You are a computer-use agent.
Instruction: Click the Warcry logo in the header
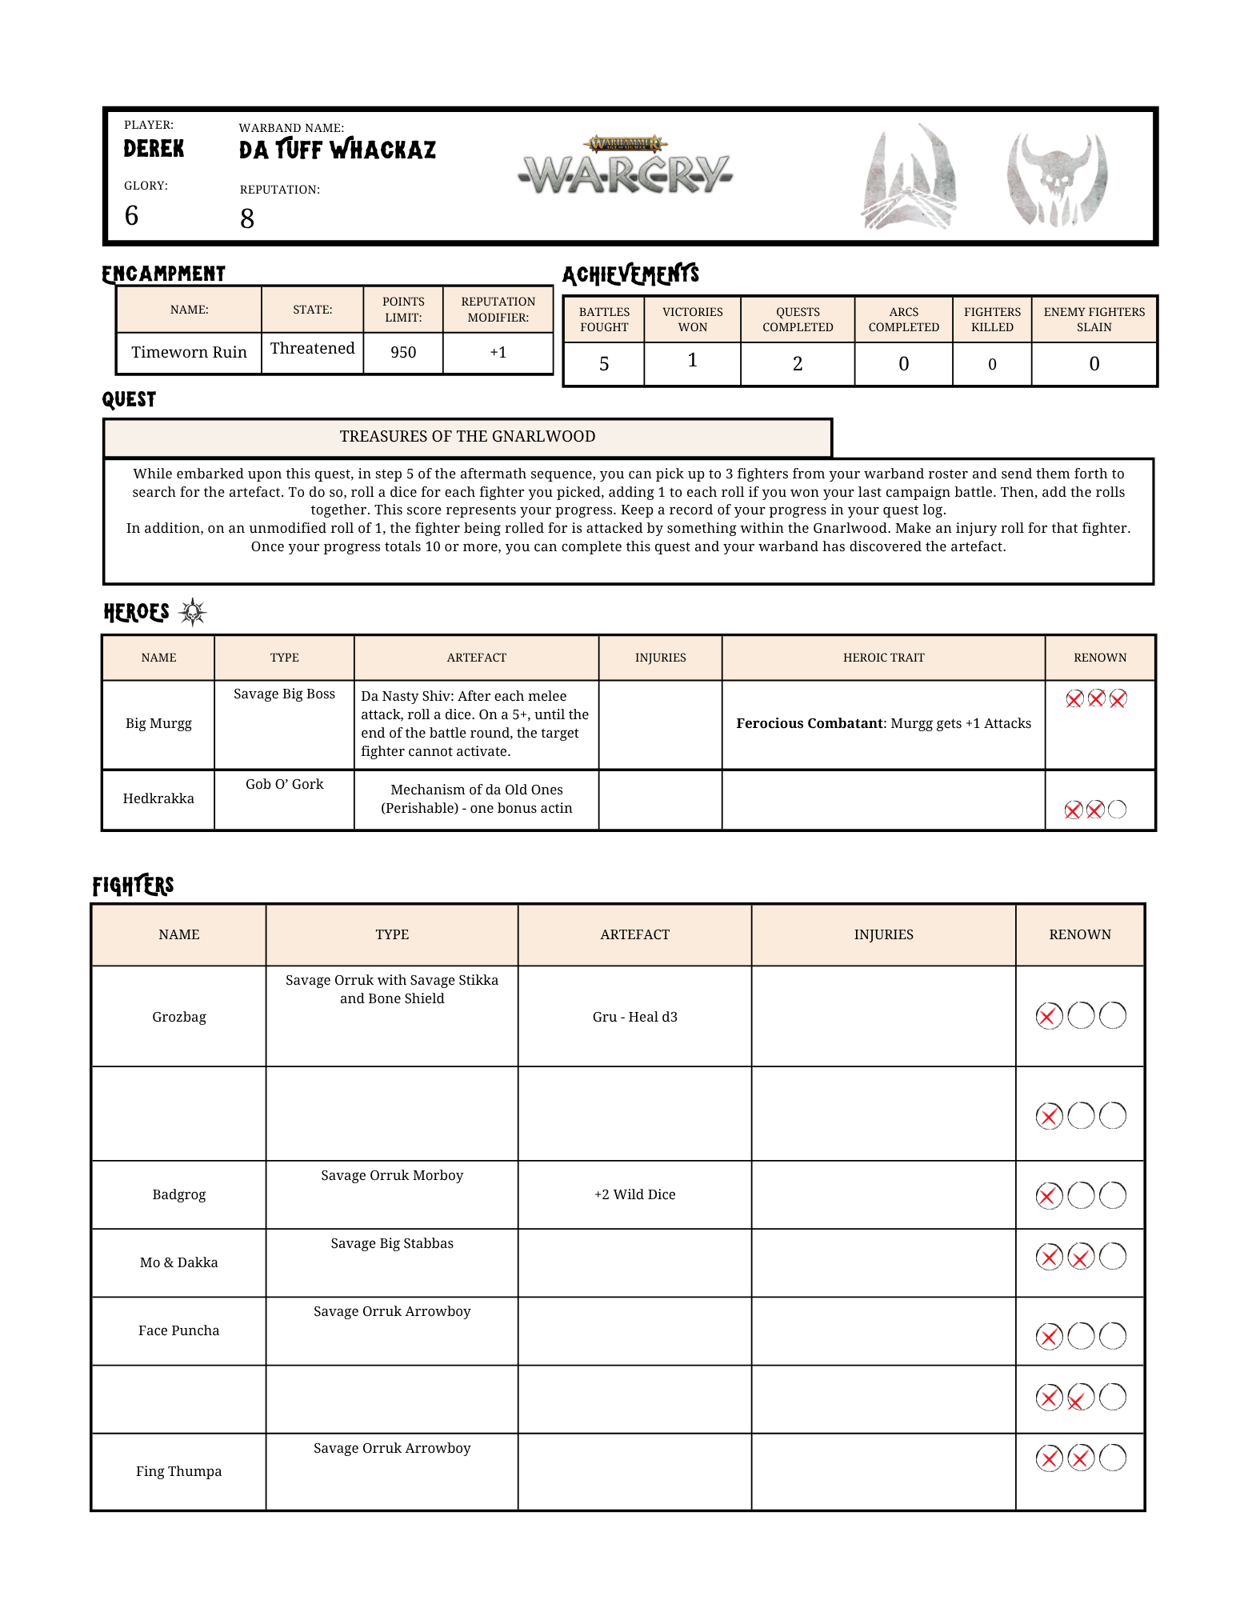tap(625, 168)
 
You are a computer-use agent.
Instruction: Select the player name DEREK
tap(154, 149)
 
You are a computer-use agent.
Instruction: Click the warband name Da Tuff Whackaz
tap(337, 150)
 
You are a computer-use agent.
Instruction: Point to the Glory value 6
tap(132, 216)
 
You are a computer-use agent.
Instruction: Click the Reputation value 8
tap(247, 218)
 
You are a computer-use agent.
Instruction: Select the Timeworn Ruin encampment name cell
tap(189, 353)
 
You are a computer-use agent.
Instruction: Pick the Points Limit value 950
tap(403, 353)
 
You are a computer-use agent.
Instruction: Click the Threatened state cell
tap(312, 349)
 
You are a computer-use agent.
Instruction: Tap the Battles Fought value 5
tap(604, 364)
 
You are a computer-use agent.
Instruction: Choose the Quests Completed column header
tap(798, 319)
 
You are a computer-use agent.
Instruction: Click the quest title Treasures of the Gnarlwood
tap(467, 437)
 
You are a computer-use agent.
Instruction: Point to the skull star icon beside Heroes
tap(193, 613)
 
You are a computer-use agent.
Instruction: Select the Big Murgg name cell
tap(158, 724)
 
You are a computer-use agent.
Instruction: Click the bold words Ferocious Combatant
tap(809, 724)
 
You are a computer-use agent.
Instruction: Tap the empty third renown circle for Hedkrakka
tap(1117, 810)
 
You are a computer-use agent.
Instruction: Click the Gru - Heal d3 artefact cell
tap(634, 1017)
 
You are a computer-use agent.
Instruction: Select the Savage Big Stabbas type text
tap(392, 1243)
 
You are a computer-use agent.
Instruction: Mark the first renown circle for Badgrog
tap(1049, 1196)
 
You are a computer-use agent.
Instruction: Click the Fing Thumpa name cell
tap(178, 1471)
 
